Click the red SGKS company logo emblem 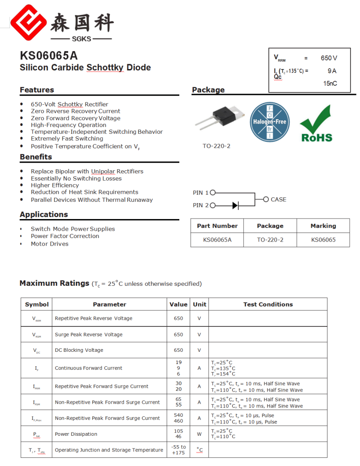coord(29,22)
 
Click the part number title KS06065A coord(49,56)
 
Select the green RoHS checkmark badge coord(316,123)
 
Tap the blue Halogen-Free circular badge coord(269,122)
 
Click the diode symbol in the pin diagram coord(235,205)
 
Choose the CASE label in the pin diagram coord(278,199)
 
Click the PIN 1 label coord(201,193)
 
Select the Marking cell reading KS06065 coord(323,240)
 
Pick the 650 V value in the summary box coord(329,58)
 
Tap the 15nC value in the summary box coord(330,84)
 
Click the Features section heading coord(37,90)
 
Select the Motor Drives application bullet coord(50,244)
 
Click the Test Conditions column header coord(268,304)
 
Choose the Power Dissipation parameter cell coord(76,434)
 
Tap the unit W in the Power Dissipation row coord(199,434)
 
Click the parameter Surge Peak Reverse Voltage coord(89,335)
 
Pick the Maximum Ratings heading coord(54,284)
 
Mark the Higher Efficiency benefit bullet coord(55,185)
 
